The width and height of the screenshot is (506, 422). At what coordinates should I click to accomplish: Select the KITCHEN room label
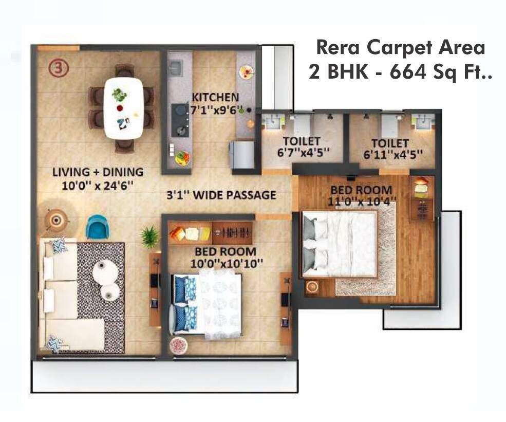click(x=215, y=97)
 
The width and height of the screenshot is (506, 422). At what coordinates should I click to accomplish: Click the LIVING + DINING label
click(x=98, y=172)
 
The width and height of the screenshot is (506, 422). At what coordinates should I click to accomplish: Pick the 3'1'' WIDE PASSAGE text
click(x=221, y=195)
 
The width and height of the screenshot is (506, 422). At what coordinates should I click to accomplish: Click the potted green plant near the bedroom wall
click(x=149, y=237)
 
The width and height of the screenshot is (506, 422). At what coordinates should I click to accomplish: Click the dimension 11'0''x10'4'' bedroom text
click(x=361, y=201)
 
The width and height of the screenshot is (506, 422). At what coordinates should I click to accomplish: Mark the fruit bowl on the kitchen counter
click(x=182, y=158)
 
